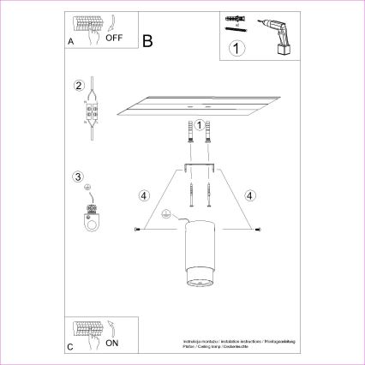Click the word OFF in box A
point(115,38)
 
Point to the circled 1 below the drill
point(237,50)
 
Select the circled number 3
point(79,178)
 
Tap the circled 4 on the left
point(144,194)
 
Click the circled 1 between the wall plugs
point(199,125)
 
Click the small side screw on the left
point(138,230)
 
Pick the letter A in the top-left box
point(69,40)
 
